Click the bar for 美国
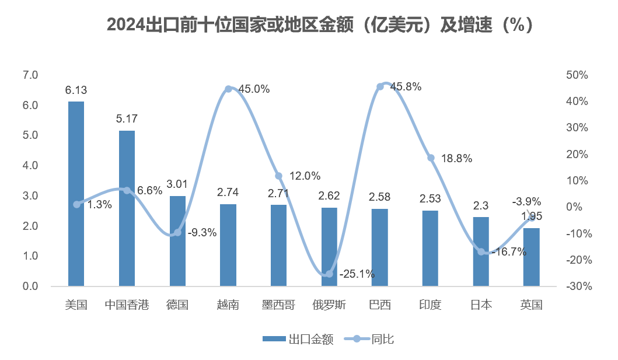pyautogui.click(x=76, y=194)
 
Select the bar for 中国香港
pyautogui.click(x=127, y=208)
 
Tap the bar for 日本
pyautogui.click(x=481, y=251)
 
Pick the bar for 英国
pyautogui.click(x=532, y=257)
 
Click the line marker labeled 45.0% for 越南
pyautogui.click(x=228, y=89)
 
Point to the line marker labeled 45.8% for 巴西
pyautogui.click(x=380, y=86)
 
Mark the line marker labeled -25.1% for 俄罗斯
pyautogui.click(x=329, y=274)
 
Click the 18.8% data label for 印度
pyautogui.click(x=458, y=158)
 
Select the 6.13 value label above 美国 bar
pyautogui.click(x=76, y=90)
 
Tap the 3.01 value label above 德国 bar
pyautogui.click(x=177, y=184)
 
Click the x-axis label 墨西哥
pyautogui.click(x=278, y=305)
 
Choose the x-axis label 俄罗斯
pyautogui.click(x=329, y=305)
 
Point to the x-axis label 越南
pyautogui.click(x=228, y=305)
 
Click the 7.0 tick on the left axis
pyautogui.click(x=30, y=75)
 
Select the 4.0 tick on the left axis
pyautogui.click(x=30, y=166)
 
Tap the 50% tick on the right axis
pyautogui.click(x=576, y=75)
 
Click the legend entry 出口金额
pyautogui.click(x=299, y=340)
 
